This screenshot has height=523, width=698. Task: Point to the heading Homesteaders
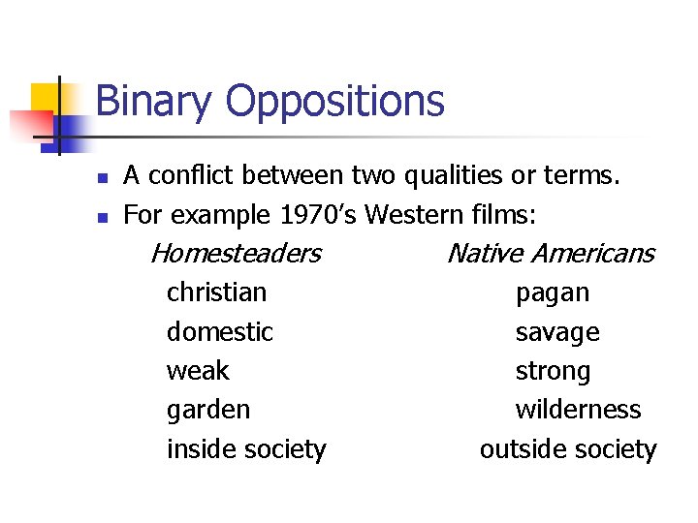click(236, 254)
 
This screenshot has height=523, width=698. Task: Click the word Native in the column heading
click(485, 254)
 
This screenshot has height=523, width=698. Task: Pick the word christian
click(216, 292)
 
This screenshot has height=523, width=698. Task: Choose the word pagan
click(553, 292)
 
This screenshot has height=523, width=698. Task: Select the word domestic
click(220, 332)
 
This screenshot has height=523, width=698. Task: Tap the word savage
click(557, 332)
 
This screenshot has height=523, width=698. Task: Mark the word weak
click(198, 371)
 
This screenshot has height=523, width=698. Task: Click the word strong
click(553, 371)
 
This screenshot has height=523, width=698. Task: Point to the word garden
click(207, 410)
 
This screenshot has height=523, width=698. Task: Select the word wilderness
click(578, 410)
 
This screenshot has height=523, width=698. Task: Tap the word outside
click(517, 449)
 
